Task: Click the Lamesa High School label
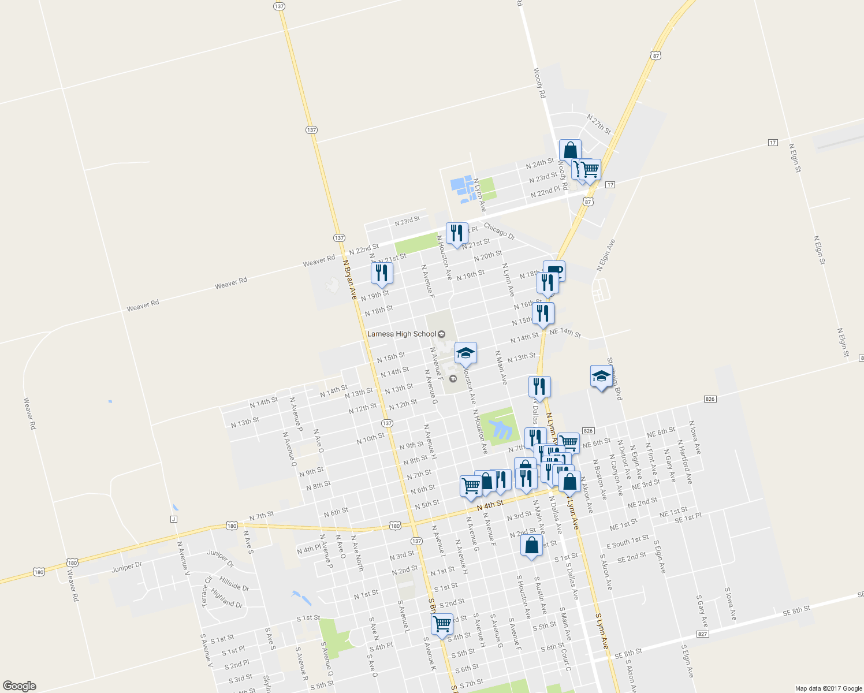(402, 334)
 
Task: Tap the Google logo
(19, 685)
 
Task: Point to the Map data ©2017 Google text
(828, 688)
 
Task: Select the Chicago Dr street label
(499, 230)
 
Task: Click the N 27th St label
(599, 124)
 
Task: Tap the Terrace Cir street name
(206, 591)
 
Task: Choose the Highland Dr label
(226, 598)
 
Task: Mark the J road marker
(173, 519)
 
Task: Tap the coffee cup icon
(554, 270)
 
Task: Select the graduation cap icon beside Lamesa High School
(465, 353)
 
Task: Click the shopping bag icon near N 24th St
(570, 150)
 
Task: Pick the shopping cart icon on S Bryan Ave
(442, 624)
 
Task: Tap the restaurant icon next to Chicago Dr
(457, 233)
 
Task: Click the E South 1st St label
(627, 542)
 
